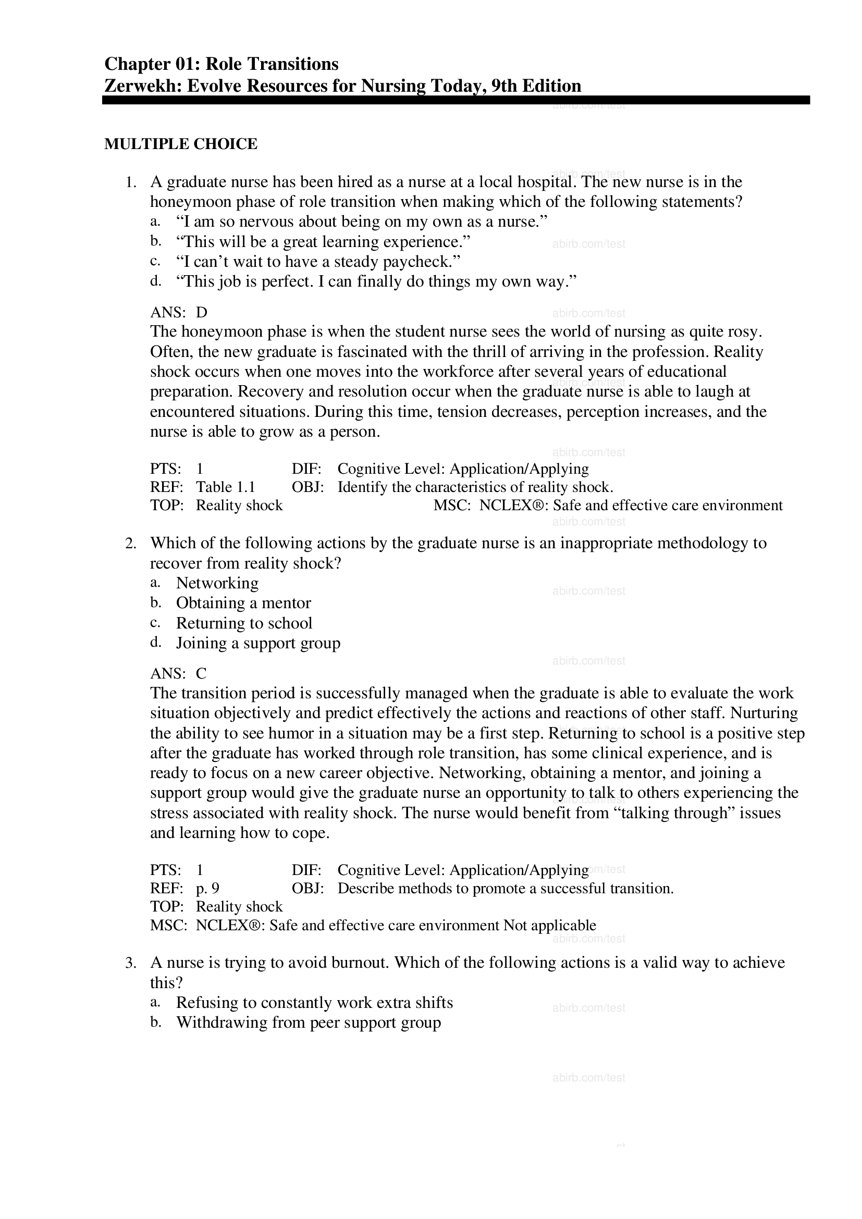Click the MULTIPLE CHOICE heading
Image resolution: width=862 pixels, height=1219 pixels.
click(x=180, y=144)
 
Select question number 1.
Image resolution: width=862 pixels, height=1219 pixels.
click(x=131, y=182)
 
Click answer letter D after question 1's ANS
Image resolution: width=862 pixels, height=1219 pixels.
click(x=201, y=312)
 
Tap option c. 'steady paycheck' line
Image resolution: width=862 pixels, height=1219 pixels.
click(x=318, y=261)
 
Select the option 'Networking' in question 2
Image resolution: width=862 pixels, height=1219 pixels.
click(x=217, y=583)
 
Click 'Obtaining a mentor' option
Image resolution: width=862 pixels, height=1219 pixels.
click(x=243, y=602)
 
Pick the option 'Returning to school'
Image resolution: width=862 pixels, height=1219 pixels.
click(x=244, y=623)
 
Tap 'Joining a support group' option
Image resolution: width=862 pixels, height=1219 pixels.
click(x=258, y=643)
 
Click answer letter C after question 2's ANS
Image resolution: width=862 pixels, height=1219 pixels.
click(x=201, y=673)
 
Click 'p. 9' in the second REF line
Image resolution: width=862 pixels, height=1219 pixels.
click(x=207, y=888)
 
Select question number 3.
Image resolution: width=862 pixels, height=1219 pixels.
click(x=131, y=963)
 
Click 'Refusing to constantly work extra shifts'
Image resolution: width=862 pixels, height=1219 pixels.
click(x=314, y=1002)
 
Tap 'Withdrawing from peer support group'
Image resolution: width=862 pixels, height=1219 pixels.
click(x=309, y=1023)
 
